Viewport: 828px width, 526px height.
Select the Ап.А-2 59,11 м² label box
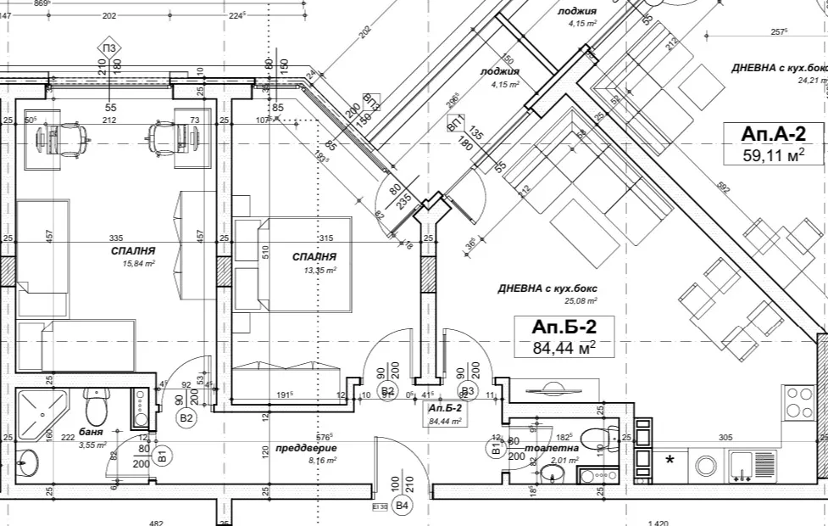pyautogui.click(x=770, y=143)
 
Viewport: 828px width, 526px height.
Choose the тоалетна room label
pyautogui.click(x=552, y=447)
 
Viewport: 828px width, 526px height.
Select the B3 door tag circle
pyautogui.click(x=466, y=391)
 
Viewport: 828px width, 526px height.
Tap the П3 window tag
pyautogui.click(x=109, y=48)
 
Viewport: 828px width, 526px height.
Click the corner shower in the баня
pyautogui.click(x=42, y=412)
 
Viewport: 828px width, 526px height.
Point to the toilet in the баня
pyautogui.click(x=97, y=406)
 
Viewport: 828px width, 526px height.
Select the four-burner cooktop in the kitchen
pyautogui.click(x=798, y=402)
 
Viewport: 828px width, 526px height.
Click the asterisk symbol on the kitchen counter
pyautogui.click(x=670, y=461)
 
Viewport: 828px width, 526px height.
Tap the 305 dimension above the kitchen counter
pyautogui.click(x=725, y=438)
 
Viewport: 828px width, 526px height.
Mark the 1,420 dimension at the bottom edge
pyautogui.click(x=658, y=523)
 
